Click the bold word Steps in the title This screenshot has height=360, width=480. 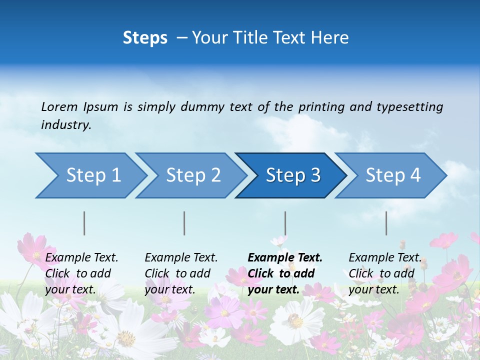(x=145, y=37)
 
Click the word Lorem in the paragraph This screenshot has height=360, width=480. (x=59, y=106)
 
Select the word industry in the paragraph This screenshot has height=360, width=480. (x=66, y=124)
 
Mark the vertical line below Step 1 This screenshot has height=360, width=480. (x=84, y=223)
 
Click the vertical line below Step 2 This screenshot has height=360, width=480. (x=184, y=223)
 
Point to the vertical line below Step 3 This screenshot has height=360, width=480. (x=285, y=223)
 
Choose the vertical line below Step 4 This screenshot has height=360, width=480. (x=386, y=223)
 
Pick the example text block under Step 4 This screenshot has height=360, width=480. (x=384, y=273)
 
